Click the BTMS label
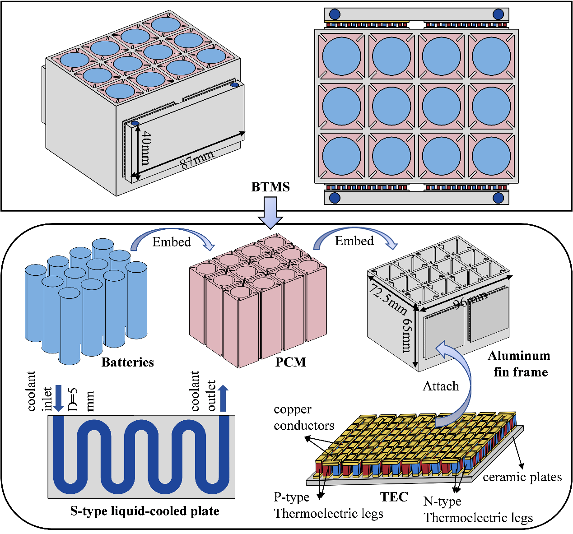pyautogui.click(x=270, y=187)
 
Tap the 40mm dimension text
pyautogui.click(x=145, y=148)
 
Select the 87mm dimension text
pyautogui.click(x=197, y=159)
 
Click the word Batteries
pyautogui.click(x=127, y=362)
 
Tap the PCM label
pyautogui.click(x=290, y=362)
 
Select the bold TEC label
pyautogui.click(x=394, y=497)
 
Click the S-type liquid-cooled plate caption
pyautogui.click(x=144, y=511)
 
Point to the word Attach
pyautogui.click(x=441, y=386)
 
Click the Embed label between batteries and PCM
pyautogui.click(x=172, y=242)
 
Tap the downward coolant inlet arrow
pyautogui.click(x=58, y=398)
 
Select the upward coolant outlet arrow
pyautogui.click(x=223, y=398)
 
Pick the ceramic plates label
pyautogui.click(x=522, y=477)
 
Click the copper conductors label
pyautogui.click(x=303, y=418)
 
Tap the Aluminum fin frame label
pyautogui.click(x=520, y=364)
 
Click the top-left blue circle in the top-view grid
pyautogui.click(x=342, y=56)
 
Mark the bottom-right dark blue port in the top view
pyautogui.click(x=498, y=198)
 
